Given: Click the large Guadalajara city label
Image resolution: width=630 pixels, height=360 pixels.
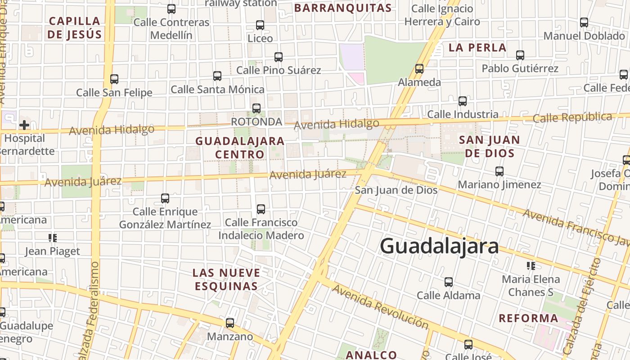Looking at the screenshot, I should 439,246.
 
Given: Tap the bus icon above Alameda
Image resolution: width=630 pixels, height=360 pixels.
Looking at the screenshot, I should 419,69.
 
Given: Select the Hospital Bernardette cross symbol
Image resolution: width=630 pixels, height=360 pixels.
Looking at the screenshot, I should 24,125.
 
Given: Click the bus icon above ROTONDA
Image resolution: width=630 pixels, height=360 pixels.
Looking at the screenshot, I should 256,108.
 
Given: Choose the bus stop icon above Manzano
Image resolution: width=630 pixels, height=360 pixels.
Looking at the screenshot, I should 230,323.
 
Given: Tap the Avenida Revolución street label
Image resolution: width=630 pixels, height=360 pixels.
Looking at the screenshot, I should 380,307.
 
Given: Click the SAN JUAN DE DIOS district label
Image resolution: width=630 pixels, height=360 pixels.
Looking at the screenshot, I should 489,146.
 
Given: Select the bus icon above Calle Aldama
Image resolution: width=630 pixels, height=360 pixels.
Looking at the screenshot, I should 449,282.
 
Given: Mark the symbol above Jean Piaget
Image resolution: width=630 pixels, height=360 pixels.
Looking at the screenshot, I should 53,238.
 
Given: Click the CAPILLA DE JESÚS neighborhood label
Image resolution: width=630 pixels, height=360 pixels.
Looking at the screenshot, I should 75,27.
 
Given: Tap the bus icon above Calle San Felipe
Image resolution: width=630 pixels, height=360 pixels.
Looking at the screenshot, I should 114,79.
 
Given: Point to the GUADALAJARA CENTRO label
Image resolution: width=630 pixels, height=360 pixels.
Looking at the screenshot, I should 240,148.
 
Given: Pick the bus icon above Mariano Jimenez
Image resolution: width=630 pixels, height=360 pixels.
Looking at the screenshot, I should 499,171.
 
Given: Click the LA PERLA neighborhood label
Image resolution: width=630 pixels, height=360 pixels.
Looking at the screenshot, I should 477,48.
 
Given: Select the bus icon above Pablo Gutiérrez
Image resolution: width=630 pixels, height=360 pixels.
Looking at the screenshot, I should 520,55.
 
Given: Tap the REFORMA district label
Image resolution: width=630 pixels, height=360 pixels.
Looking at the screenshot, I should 528,319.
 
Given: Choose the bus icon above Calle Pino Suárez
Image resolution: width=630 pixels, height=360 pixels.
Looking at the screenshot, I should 279,57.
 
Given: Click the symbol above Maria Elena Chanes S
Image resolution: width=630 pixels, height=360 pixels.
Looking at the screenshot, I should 531,265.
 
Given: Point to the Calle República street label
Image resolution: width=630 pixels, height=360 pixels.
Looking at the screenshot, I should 572,117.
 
